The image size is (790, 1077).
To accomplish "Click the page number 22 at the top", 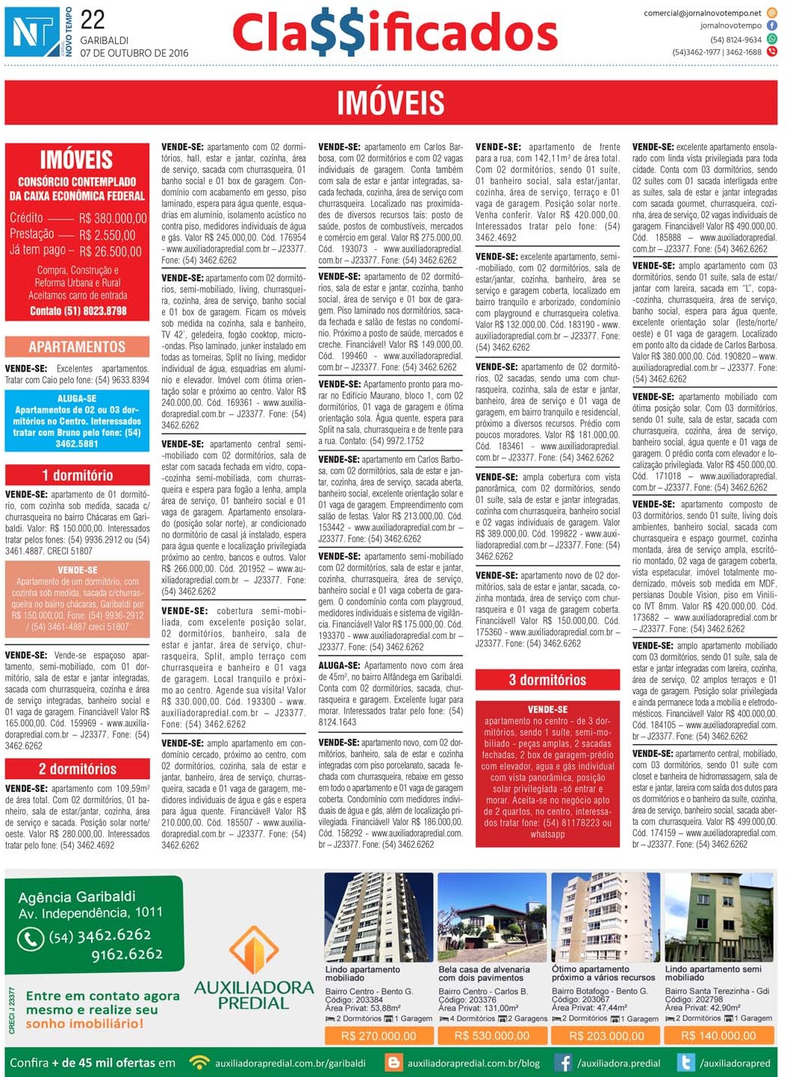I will coord(93,19).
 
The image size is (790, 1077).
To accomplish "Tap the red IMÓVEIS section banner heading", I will coord(391,103).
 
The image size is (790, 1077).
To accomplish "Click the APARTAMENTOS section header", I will coord(77,346).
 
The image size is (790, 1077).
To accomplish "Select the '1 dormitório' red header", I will coord(77,475).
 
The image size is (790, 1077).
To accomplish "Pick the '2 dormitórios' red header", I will coord(77,769).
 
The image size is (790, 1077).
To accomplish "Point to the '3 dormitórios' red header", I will coord(547,680).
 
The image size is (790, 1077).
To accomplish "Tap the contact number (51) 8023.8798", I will coord(78,310).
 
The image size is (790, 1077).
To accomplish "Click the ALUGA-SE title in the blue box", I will coord(77,399).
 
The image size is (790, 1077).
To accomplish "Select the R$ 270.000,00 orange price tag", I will coord(378,1036).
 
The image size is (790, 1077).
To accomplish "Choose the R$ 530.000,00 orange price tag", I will coord(491,1036).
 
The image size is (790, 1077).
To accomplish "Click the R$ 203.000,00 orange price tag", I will coord(606,1036).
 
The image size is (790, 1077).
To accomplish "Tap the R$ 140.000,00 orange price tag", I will coord(718,1036).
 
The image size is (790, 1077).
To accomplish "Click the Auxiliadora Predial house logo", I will coord(254,948).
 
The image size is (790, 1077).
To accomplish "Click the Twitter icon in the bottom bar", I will coord(685,1063).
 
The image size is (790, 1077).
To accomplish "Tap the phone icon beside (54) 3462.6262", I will coord(31,938).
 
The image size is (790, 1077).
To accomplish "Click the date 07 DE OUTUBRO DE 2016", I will coord(134,53).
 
